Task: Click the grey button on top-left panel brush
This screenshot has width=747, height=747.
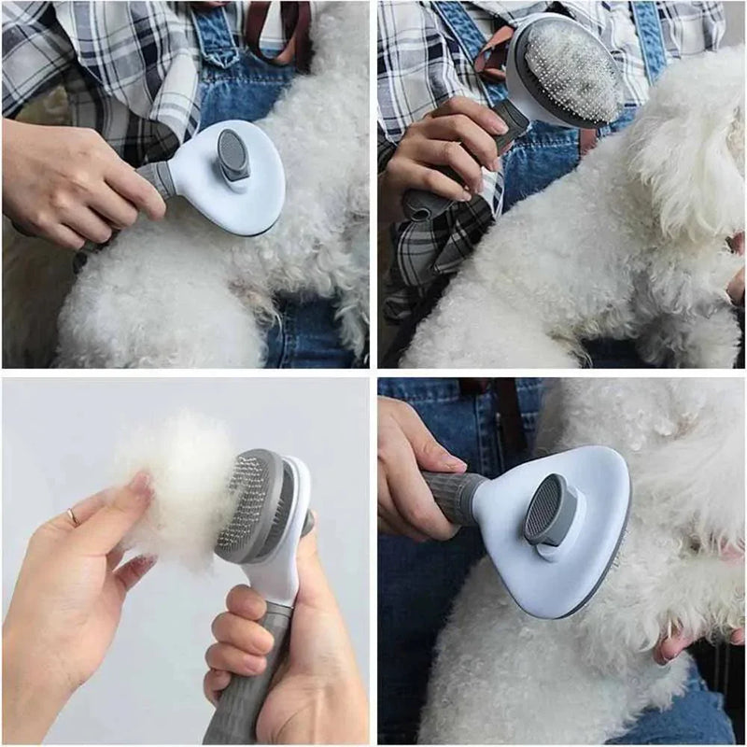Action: [x=233, y=154]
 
